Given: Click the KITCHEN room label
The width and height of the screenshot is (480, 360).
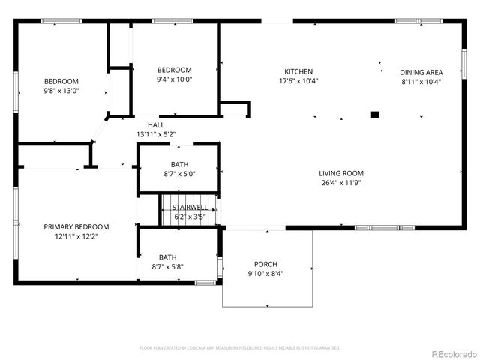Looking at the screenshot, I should (x=298, y=71).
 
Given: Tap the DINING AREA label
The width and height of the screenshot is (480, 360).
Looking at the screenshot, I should (x=421, y=72).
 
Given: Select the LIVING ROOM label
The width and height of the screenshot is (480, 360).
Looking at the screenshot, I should (x=341, y=172).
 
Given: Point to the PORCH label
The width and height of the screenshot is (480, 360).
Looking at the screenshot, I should (x=265, y=264).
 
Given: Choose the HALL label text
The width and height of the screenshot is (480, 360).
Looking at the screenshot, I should (x=156, y=125).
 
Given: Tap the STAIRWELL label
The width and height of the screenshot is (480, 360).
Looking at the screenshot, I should (x=190, y=207).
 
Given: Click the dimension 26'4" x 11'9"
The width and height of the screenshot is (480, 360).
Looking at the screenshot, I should (x=341, y=181).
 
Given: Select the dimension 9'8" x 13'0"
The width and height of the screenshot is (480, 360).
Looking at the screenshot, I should (x=61, y=90).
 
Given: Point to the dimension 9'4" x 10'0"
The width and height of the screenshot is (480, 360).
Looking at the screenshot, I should (x=174, y=79).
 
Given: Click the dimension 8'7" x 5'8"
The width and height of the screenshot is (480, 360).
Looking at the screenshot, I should (x=168, y=266).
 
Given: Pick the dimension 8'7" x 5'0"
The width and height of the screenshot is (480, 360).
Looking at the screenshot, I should (x=179, y=173).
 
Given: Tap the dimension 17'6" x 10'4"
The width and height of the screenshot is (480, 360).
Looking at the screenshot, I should (x=298, y=80).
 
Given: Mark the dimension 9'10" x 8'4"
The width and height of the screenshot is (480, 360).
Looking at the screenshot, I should (x=265, y=273).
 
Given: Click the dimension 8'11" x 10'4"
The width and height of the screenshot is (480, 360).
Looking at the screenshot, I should (x=421, y=81).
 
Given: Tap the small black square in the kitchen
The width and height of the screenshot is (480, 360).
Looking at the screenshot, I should (x=376, y=115).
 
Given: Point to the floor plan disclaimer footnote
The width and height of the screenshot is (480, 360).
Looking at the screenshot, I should (x=240, y=347).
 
